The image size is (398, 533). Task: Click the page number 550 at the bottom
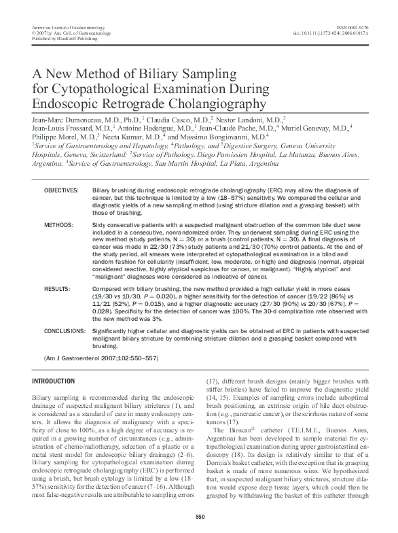click(200, 518)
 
